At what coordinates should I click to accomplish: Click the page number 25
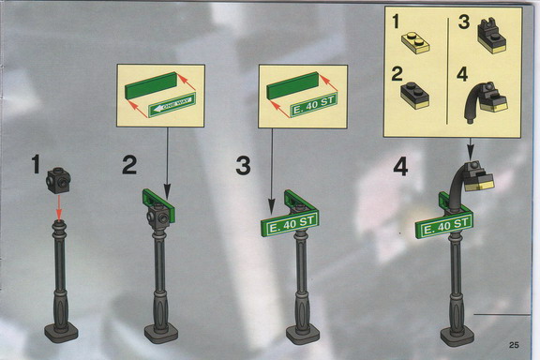pyautogui.click(x=514, y=344)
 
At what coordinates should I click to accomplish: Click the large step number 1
pyautogui.click(x=36, y=164)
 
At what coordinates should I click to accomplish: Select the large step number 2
pyautogui.click(x=129, y=165)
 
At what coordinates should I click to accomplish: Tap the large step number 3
pyautogui.click(x=243, y=165)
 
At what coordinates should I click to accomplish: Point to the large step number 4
pyautogui.click(x=400, y=168)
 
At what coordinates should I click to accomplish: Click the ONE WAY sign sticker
pyautogui.click(x=172, y=105)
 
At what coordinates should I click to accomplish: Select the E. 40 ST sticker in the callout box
pyautogui.click(x=313, y=105)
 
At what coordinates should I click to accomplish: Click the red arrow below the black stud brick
pyautogui.click(x=59, y=206)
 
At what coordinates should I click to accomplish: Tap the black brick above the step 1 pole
pyautogui.click(x=58, y=180)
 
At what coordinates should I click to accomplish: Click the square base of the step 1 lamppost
pyautogui.click(x=61, y=333)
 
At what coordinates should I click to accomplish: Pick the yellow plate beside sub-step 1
pyautogui.click(x=415, y=43)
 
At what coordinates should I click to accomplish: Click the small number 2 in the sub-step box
pyautogui.click(x=397, y=74)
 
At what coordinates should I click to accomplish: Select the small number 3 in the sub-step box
pyautogui.click(x=463, y=22)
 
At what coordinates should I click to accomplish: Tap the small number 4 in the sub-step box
pyautogui.click(x=462, y=75)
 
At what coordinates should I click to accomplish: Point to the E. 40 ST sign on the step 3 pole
pyautogui.click(x=291, y=223)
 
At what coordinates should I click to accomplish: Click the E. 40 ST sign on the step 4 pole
pyautogui.click(x=444, y=226)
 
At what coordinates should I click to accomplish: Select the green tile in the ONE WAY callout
pyautogui.click(x=152, y=85)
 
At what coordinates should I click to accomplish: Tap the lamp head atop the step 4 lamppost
pyautogui.click(x=478, y=177)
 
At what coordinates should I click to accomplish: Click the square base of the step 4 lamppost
pyautogui.click(x=457, y=335)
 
